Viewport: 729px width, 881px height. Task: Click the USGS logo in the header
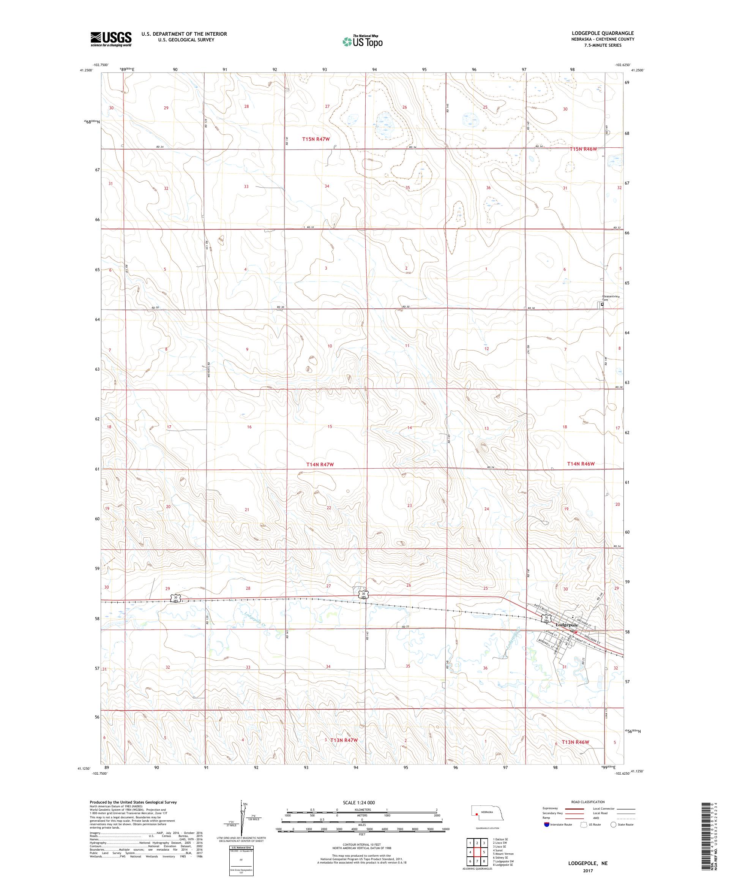tap(111, 39)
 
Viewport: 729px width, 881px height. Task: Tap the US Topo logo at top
tap(363, 41)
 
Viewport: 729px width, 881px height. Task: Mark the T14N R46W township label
tap(581, 464)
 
